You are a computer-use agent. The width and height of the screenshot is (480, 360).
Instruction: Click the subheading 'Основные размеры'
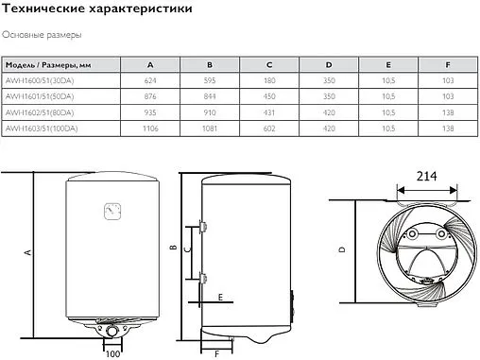tap(42, 35)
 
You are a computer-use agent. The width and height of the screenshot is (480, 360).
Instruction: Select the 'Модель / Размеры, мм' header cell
tap(48, 64)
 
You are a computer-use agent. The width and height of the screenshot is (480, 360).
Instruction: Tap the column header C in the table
tap(269, 64)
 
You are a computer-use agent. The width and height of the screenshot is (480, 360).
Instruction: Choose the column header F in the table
tap(447, 64)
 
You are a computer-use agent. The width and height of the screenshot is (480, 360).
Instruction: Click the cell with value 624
tap(151, 80)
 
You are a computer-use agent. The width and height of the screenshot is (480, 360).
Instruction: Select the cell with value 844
tap(210, 95)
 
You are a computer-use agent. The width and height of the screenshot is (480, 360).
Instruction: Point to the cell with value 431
tap(269, 111)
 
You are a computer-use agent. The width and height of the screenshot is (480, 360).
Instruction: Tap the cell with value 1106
tap(151, 127)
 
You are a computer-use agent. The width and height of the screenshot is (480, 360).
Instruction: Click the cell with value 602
tap(269, 127)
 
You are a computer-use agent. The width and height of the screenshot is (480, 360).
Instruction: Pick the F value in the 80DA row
tap(447, 111)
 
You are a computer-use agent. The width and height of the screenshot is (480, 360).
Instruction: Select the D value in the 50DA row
tap(329, 95)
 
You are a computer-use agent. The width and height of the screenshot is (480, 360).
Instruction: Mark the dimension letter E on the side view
tap(219, 297)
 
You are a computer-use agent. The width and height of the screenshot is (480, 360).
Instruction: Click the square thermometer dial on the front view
tap(113, 209)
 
